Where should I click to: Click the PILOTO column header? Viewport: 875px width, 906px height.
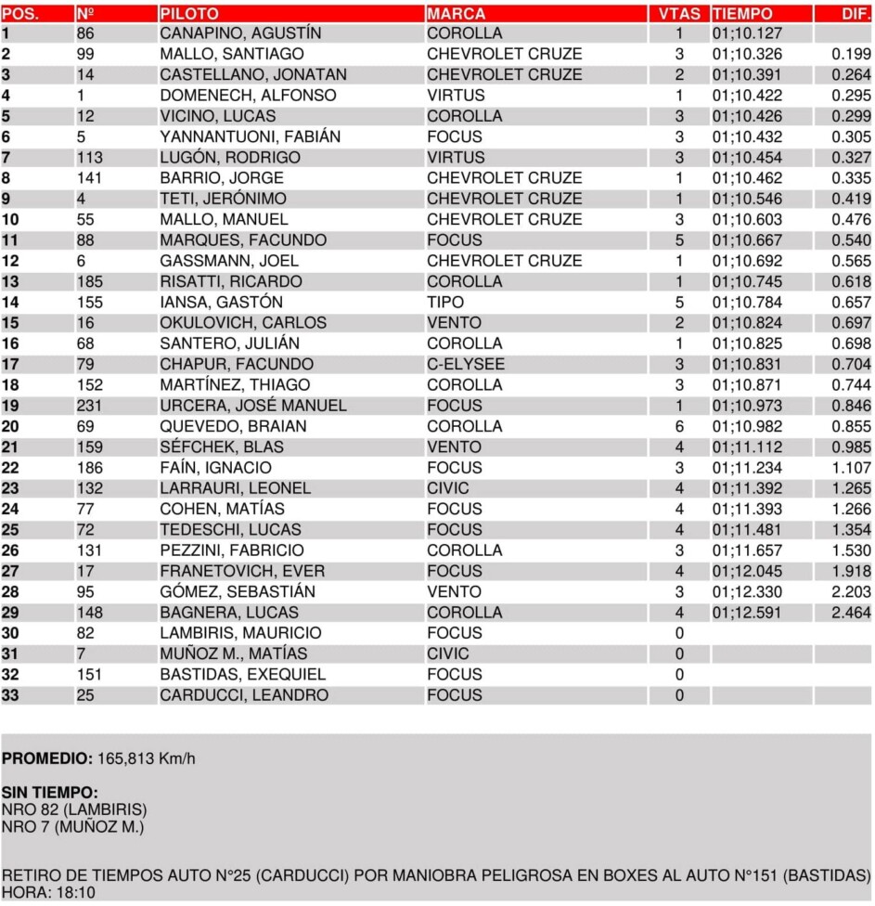pyautogui.click(x=189, y=14)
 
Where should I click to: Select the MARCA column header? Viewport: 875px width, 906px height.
pyautogui.click(x=456, y=14)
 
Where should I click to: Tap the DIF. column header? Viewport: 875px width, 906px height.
pyautogui.click(x=855, y=14)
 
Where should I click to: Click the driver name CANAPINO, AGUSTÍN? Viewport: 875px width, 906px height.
pyautogui.click(x=240, y=33)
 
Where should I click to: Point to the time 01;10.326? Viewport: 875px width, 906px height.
pyautogui.click(x=747, y=54)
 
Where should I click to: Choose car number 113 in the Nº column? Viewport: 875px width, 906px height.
pyautogui.click(x=92, y=158)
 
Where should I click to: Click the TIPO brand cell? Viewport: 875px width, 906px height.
pyautogui.click(x=445, y=303)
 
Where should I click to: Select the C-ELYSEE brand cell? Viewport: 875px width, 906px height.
pyautogui.click(x=466, y=365)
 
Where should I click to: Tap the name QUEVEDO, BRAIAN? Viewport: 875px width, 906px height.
pyautogui.click(x=233, y=427)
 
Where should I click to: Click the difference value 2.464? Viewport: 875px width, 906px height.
pyautogui.click(x=851, y=613)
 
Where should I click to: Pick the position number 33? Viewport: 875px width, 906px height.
pyautogui.click(x=11, y=695)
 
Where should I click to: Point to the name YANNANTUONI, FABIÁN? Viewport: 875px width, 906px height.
pyautogui.click(x=250, y=137)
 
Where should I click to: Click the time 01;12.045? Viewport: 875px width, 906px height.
pyautogui.click(x=747, y=572)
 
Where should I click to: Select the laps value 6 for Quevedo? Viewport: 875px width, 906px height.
pyautogui.click(x=679, y=427)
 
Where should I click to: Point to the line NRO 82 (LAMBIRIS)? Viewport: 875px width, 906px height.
pyautogui.click(x=74, y=809)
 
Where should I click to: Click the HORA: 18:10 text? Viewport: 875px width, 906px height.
pyautogui.click(x=47, y=892)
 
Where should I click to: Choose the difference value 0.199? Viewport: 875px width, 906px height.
pyautogui.click(x=851, y=54)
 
